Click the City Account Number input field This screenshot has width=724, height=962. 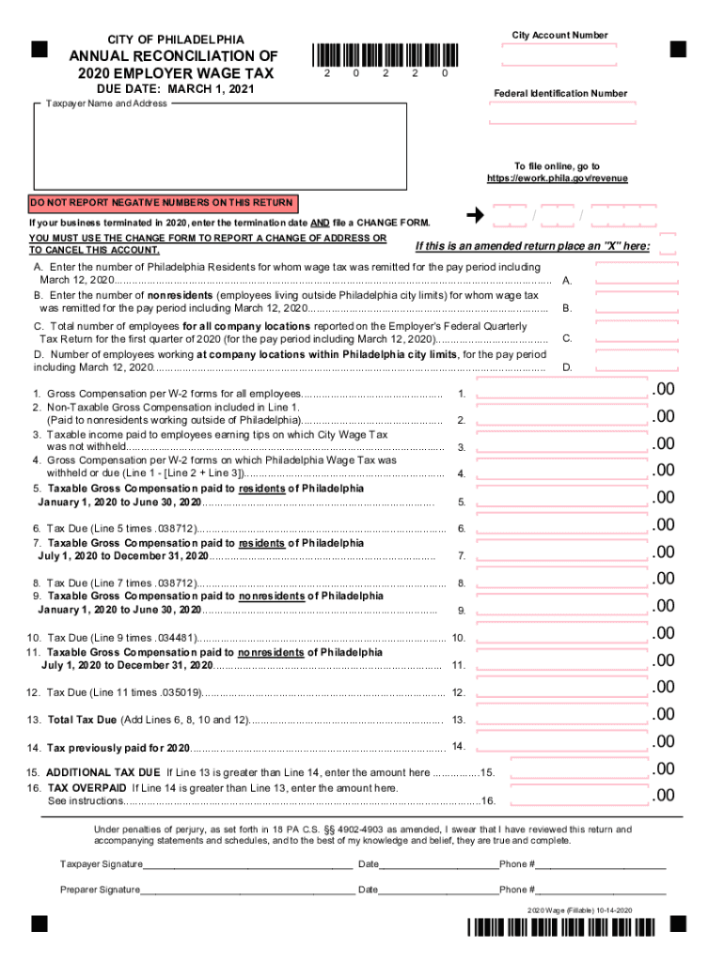click(559, 54)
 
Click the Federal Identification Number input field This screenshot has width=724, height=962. click(559, 114)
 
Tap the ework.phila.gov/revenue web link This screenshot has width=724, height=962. click(557, 178)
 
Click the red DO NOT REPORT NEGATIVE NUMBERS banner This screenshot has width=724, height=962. click(163, 203)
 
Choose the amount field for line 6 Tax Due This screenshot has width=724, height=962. click(562, 528)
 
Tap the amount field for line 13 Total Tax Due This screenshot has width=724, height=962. click(562, 719)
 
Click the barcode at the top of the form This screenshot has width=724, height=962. click(383, 55)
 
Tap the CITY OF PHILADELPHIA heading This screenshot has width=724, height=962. click(176, 39)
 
